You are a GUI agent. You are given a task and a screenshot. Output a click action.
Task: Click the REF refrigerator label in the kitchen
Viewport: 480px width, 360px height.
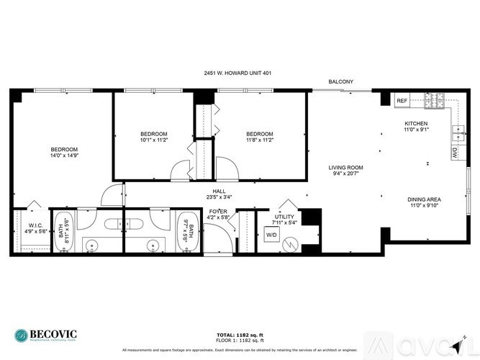point(402,101)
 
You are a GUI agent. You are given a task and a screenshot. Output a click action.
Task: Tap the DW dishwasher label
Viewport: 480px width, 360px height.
point(455,153)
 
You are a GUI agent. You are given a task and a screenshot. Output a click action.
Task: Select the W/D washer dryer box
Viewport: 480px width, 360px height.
point(272,235)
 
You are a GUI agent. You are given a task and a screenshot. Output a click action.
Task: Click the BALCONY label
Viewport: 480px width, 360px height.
point(340,82)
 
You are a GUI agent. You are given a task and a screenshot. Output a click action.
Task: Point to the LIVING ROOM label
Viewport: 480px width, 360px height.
point(346,167)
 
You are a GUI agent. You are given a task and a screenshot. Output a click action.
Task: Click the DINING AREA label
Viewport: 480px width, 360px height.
point(424,199)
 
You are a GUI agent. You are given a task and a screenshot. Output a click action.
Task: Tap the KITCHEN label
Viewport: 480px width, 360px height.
point(416,124)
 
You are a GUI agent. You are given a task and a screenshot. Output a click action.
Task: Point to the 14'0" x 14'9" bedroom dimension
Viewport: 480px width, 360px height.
point(63,155)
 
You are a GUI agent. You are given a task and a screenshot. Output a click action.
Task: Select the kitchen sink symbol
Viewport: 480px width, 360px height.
point(456,132)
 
